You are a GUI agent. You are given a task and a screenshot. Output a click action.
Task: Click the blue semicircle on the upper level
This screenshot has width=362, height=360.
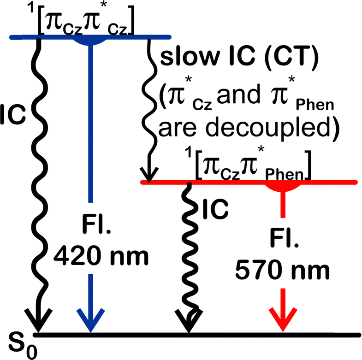pyautogui.click(x=90, y=41)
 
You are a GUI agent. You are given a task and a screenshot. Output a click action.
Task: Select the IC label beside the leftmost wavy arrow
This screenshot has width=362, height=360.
pyautogui.click(x=16, y=112)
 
